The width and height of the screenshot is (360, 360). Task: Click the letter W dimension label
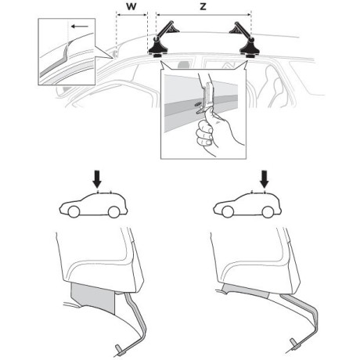tap(131, 6)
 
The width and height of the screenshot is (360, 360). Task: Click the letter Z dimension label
tap(203, 6)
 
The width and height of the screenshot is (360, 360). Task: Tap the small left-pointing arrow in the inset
tap(80, 27)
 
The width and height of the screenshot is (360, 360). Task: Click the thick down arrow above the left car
tap(98, 179)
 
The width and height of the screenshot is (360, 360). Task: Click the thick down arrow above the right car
tap(265, 179)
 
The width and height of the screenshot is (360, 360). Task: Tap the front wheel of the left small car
tap(74, 212)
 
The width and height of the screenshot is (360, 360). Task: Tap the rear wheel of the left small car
tap(113, 212)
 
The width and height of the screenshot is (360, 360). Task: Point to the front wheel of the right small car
tap(228, 212)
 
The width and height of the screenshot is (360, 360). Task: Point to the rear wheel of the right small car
tap(268, 212)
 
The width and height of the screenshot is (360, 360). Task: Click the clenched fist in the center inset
tap(206, 131)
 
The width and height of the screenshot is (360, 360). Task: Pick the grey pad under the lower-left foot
tap(93, 297)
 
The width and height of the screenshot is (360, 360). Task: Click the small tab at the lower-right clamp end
tap(293, 343)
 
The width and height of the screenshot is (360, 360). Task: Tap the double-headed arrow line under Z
tap(203, 15)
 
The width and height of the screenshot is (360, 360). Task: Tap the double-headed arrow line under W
tap(132, 15)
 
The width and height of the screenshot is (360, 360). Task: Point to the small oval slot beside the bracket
tap(198, 104)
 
